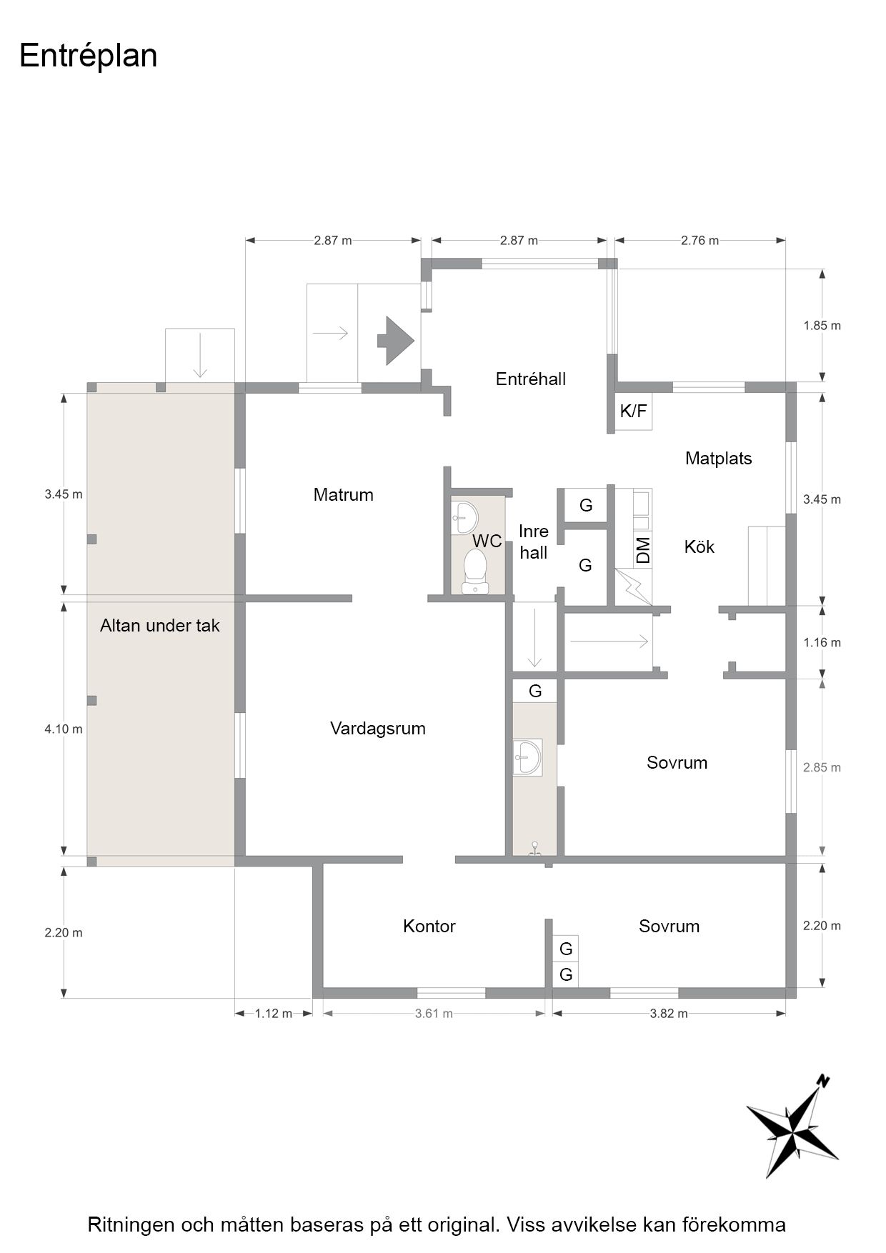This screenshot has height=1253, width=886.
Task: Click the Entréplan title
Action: pyautogui.click(x=89, y=56)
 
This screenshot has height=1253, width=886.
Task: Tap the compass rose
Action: pyautogui.click(x=792, y=1126)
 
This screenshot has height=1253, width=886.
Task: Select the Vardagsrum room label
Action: pyautogui.click(x=378, y=729)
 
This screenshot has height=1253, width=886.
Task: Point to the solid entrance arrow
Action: pyautogui.click(x=395, y=341)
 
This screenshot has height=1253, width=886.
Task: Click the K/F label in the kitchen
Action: pyautogui.click(x=633, y=411)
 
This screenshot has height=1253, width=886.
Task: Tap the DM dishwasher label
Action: pyautogui.click(x=643, y=549)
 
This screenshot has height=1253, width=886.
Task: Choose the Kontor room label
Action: pyautogui.click(x=429, y=927)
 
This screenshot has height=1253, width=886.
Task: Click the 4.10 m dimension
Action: pyautogui.click(x=64, y=729)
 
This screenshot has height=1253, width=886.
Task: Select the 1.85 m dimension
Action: pyautogui.click(x=822, y=326)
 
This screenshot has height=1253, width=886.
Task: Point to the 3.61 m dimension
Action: pyautogui.click(x=434, y=1014)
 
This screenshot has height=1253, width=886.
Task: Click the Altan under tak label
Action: pyautogui.click(x=160, y=626)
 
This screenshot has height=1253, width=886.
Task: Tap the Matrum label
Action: pyautogui.click(x=344, y=494)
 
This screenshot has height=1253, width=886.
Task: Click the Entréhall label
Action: pyautogui.click(x=531, y=379)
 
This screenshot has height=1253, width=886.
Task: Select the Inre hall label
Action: pyautogui.click(x=534, y=541)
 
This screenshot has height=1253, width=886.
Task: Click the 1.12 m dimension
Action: pyautogui.click(x=274, y=1014)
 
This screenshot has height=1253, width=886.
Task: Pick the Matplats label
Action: pyautogui.click(x=719, y=459)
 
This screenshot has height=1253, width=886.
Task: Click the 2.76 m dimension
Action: pyautogui.click(x=700, y=241)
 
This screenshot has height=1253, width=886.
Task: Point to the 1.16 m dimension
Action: pyautogui.click(x=822, y=643)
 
